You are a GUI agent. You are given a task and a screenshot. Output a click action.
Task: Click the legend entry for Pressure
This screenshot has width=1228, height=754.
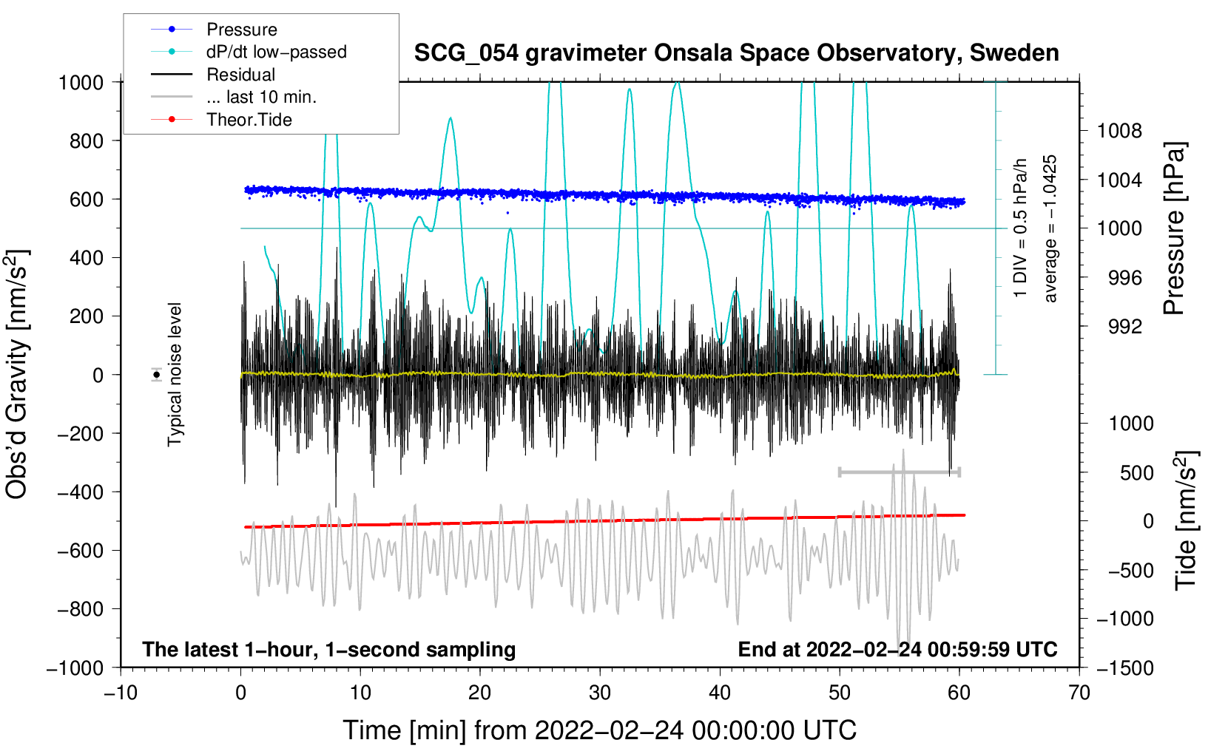(214, 29)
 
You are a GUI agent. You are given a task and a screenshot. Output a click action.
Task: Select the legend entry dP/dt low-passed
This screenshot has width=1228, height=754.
(249, 52)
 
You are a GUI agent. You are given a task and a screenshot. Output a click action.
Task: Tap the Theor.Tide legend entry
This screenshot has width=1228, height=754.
(221, 120)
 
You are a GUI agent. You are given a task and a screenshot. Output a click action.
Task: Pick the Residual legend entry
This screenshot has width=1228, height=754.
(213, 75)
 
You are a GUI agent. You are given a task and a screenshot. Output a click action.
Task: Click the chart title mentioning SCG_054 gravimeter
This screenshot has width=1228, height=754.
(736, 52)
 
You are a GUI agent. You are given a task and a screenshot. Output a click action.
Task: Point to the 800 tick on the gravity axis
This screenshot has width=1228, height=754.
(87, 141)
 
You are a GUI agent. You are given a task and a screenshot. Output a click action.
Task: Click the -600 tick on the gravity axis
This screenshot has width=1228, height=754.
(81, 551)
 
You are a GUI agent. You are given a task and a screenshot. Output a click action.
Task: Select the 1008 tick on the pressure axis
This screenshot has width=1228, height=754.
(1119, 131)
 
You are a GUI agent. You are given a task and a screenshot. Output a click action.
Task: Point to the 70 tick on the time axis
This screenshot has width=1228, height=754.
(1079, 693)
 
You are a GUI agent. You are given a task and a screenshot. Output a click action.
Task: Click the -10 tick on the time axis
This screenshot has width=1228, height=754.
(121, 693)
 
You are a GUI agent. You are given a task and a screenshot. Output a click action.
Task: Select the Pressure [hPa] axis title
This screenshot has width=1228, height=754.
(1174, 228)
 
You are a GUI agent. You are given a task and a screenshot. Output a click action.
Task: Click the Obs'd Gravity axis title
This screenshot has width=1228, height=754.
(17, 375)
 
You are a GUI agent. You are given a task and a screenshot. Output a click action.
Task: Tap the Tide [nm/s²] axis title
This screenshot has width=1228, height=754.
(1187, 520)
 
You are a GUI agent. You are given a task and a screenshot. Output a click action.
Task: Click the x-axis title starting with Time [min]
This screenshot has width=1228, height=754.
(600, 730)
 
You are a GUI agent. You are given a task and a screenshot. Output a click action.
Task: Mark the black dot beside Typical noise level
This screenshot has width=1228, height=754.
(157, 375)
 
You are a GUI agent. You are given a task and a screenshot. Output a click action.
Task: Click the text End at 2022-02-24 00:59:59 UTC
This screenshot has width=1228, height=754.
(897, 649)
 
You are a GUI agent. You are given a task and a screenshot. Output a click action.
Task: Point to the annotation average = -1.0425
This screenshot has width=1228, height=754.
(1049, 228)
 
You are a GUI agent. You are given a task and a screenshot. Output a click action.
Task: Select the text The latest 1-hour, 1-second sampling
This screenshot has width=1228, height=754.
(329, 649)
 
